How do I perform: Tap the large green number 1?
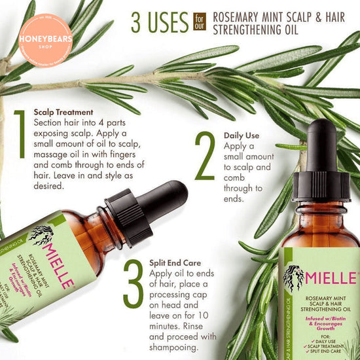20,142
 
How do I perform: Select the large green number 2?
205,158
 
